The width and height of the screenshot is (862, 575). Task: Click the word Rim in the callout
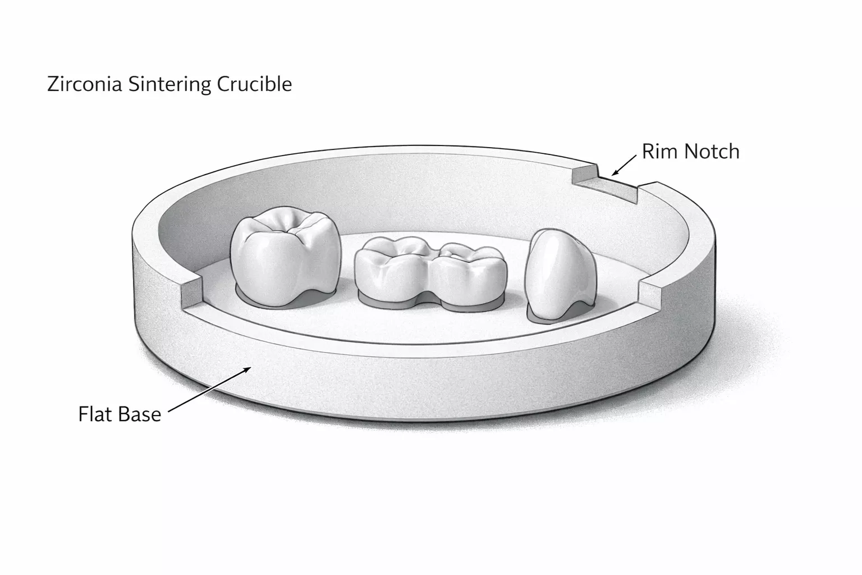[657, 152]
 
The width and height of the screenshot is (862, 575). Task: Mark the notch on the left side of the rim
[190, 290]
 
